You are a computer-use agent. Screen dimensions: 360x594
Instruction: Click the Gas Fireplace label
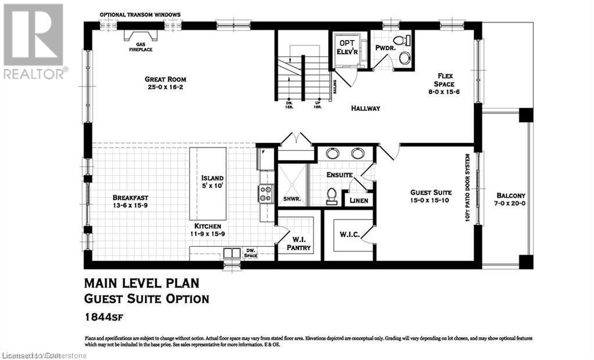136,47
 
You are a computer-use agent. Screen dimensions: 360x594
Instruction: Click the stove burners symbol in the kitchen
266,193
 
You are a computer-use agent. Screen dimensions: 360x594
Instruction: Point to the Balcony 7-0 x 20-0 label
511,200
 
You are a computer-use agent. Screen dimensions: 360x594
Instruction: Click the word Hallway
365,108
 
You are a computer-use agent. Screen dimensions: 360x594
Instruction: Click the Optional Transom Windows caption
140,15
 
